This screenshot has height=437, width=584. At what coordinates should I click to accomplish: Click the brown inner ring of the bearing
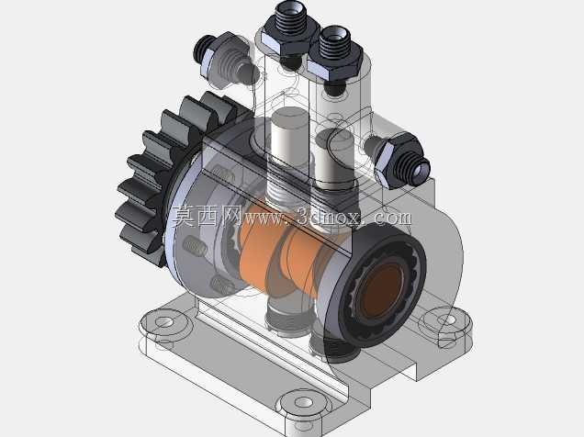[381, 288]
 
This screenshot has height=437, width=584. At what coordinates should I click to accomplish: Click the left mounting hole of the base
[164, 322]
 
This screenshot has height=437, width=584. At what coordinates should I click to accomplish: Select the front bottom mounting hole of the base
[304, 402]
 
